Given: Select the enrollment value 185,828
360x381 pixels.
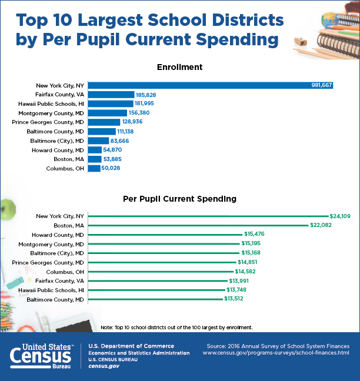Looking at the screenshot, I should pyautogui.click(x=148, y=95).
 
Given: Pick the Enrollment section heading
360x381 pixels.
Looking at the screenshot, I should pyautogui.click(x=179, y=67).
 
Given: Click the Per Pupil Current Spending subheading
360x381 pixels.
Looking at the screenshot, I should pyautogui.click(x=179, y=199).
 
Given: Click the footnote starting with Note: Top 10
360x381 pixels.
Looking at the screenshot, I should pyautogui.click(x=176, y=327).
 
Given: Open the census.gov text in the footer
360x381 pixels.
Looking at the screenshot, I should pyautogui.click(x=104, y=366).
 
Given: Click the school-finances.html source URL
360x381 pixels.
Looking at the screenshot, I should pyautogui.click(x=276, y=353).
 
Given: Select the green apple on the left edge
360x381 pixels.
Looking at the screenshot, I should pyautogui.click(x=7, y=209).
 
